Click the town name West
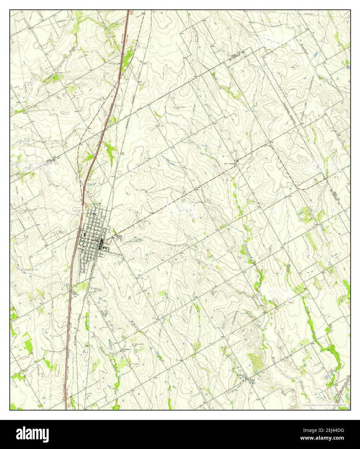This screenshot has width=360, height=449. pyautogui.click(x=119, y=236)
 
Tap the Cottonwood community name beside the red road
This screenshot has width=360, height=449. pyautogui.click(x=230, y=164)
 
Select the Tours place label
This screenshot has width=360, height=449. pyautogui.click(x=251, y=380)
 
